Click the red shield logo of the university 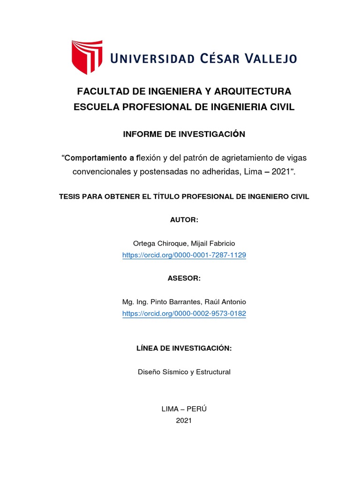click(x=86, y=57)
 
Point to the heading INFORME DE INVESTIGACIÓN click(x=184, y=135)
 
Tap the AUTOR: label click(x=184, y=220)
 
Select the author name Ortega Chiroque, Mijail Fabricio click(x=184, y=243)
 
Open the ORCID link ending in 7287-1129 click(x=184, y=255)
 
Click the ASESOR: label click(x=184, y=278)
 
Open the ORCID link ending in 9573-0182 click(x=184, y=314)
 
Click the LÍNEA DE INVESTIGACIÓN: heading click(x=184, y=348)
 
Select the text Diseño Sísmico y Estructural click(x=184, y=372)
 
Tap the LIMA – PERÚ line click(x=184, y=409)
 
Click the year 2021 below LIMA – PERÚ click(x=184, y=420)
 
